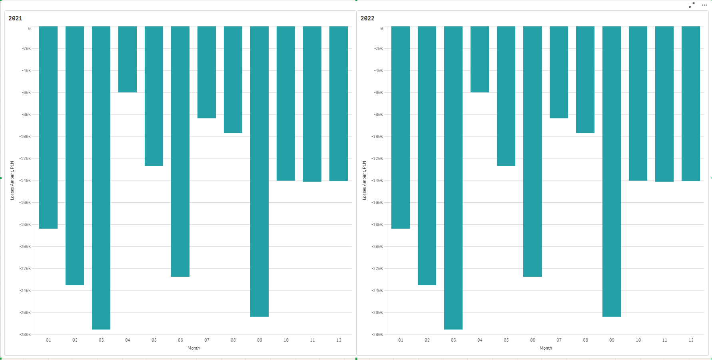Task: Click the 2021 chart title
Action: tap(15, 18)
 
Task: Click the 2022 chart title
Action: tap(367, 18)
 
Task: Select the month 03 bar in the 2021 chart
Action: tap(101, 178)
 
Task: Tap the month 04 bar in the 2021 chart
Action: tap(128, 59)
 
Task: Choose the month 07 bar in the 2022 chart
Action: tap(559, 72)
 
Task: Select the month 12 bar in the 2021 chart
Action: tap(339, 104)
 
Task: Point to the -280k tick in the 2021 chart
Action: tap(25, 334)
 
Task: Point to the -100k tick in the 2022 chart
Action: tap(377, 136)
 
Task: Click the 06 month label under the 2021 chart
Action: tap(180, 340)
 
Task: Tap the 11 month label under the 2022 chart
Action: tap(664, 340)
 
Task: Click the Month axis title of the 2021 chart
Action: tap(193, 348)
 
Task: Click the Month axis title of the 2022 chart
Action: tap(546, 348)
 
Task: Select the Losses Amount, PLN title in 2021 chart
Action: tap(12, 180)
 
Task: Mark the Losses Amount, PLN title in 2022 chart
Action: tap(364, 180)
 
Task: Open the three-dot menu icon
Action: tap(704, 5)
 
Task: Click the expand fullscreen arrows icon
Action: tap(692, 5)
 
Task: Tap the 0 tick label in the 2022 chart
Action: tap(381, 28)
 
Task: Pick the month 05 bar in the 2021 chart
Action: tap(154, 96)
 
